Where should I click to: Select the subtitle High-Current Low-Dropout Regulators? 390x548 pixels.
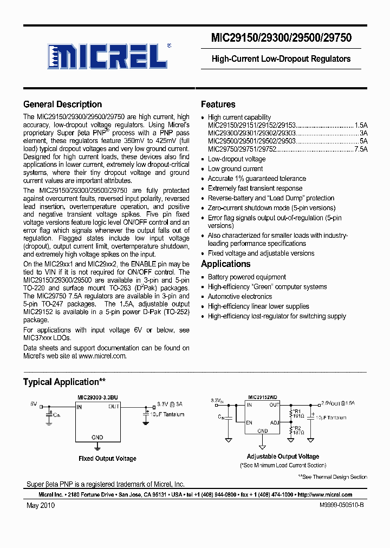click(281, 58)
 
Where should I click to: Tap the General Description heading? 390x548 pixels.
click(62, 105)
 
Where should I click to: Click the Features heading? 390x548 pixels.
click(218, 105)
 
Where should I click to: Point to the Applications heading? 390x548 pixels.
click(225, 264)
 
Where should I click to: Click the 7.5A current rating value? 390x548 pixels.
click(361, 149)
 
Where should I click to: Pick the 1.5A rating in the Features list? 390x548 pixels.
click(361, 125)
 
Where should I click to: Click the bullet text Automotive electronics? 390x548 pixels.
click(240, 297)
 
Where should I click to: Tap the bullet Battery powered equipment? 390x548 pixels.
click(247, 277)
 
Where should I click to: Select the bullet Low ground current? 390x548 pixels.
click(235, 169)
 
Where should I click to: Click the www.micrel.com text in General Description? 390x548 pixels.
click(102, 356)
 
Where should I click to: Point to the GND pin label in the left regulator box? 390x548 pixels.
click(97, 436)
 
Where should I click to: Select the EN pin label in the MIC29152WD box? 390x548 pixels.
click(250, 422)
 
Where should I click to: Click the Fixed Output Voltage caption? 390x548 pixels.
click(107, 459)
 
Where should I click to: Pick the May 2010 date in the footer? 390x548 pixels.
click(40, 505)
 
